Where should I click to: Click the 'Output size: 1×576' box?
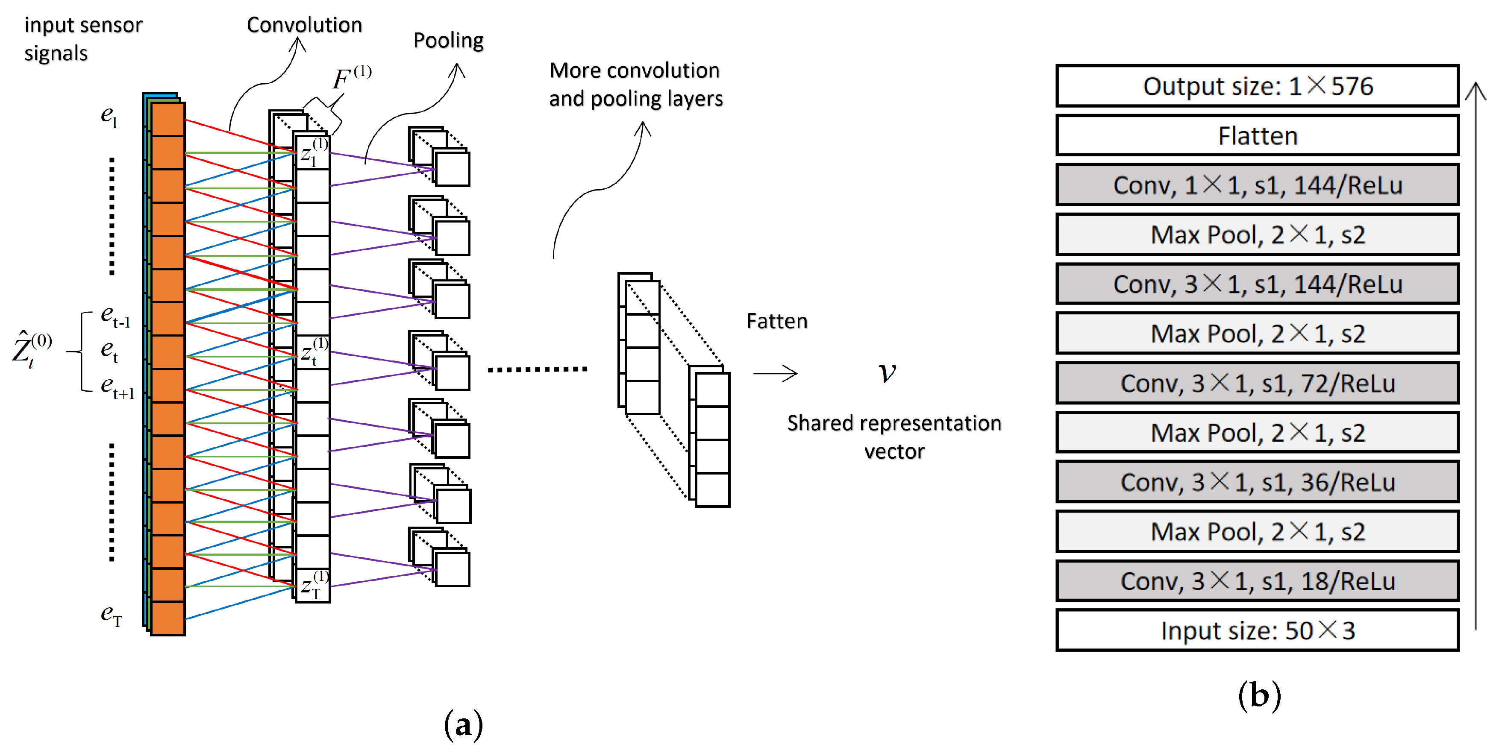[1257, 86]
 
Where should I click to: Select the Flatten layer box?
[1257, 136]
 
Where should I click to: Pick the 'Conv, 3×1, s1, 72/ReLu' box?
[1257, 383]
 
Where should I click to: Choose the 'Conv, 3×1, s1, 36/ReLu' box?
[1257, 482]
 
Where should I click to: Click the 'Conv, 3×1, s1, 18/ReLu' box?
[1257, 580]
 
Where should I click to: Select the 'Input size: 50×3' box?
[1257, 630]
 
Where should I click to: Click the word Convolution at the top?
[304, 25]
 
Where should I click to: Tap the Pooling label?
[448, 41]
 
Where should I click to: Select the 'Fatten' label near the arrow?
[776, 321]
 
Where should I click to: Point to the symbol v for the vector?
[887, 372]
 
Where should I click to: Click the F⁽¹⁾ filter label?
[351, 78]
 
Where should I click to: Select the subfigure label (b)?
[1259, 695]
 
